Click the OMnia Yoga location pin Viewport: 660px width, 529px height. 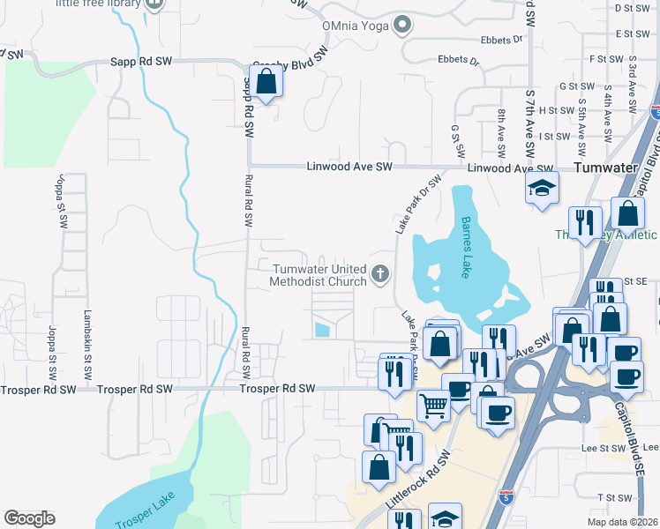402,25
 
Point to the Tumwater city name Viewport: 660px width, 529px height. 605,168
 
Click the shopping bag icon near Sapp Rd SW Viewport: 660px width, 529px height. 266,83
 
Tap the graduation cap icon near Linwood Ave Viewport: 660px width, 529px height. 542,188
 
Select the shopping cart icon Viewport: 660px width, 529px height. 433,406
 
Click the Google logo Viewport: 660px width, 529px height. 29,518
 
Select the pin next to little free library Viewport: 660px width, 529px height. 154,4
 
